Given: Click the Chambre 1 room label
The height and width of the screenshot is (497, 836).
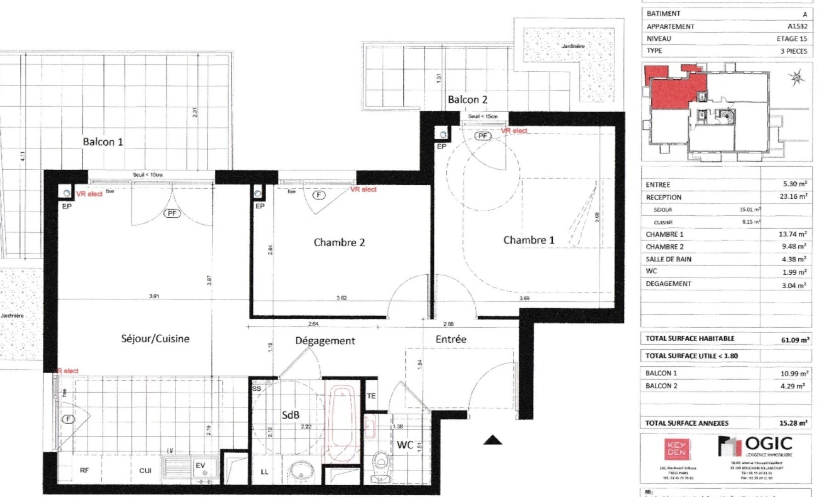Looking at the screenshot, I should click(x=528, y=240).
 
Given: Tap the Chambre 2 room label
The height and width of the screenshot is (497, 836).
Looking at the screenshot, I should click(x=339, y=243).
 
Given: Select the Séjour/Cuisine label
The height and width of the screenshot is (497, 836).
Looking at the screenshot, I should click(x=155, y=339).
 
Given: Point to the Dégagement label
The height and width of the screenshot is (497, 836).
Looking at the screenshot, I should click(x=325, y=341).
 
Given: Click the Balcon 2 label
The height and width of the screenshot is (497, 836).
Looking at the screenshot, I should click(x=467, y=99).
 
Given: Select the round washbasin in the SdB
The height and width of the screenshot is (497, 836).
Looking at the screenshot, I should click(x=302, y=470).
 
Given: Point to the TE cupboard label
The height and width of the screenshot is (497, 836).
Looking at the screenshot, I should click(x=371, y=396).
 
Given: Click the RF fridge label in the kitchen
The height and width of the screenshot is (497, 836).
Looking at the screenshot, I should click(x=85, y=470).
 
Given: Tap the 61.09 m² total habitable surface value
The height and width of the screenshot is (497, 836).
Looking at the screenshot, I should click(x=795, y=340).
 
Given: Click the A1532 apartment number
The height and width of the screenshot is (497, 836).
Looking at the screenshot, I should click(x=797, y=26).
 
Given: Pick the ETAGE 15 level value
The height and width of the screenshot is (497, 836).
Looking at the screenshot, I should click(x=791, y=39).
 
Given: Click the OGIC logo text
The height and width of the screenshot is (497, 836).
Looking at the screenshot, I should click(x=768, y=444).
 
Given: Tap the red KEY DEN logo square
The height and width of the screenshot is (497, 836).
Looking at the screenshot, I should click(x=676, y=449).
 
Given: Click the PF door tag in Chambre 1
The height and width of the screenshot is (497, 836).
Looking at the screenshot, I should click(x=482, y=136).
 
